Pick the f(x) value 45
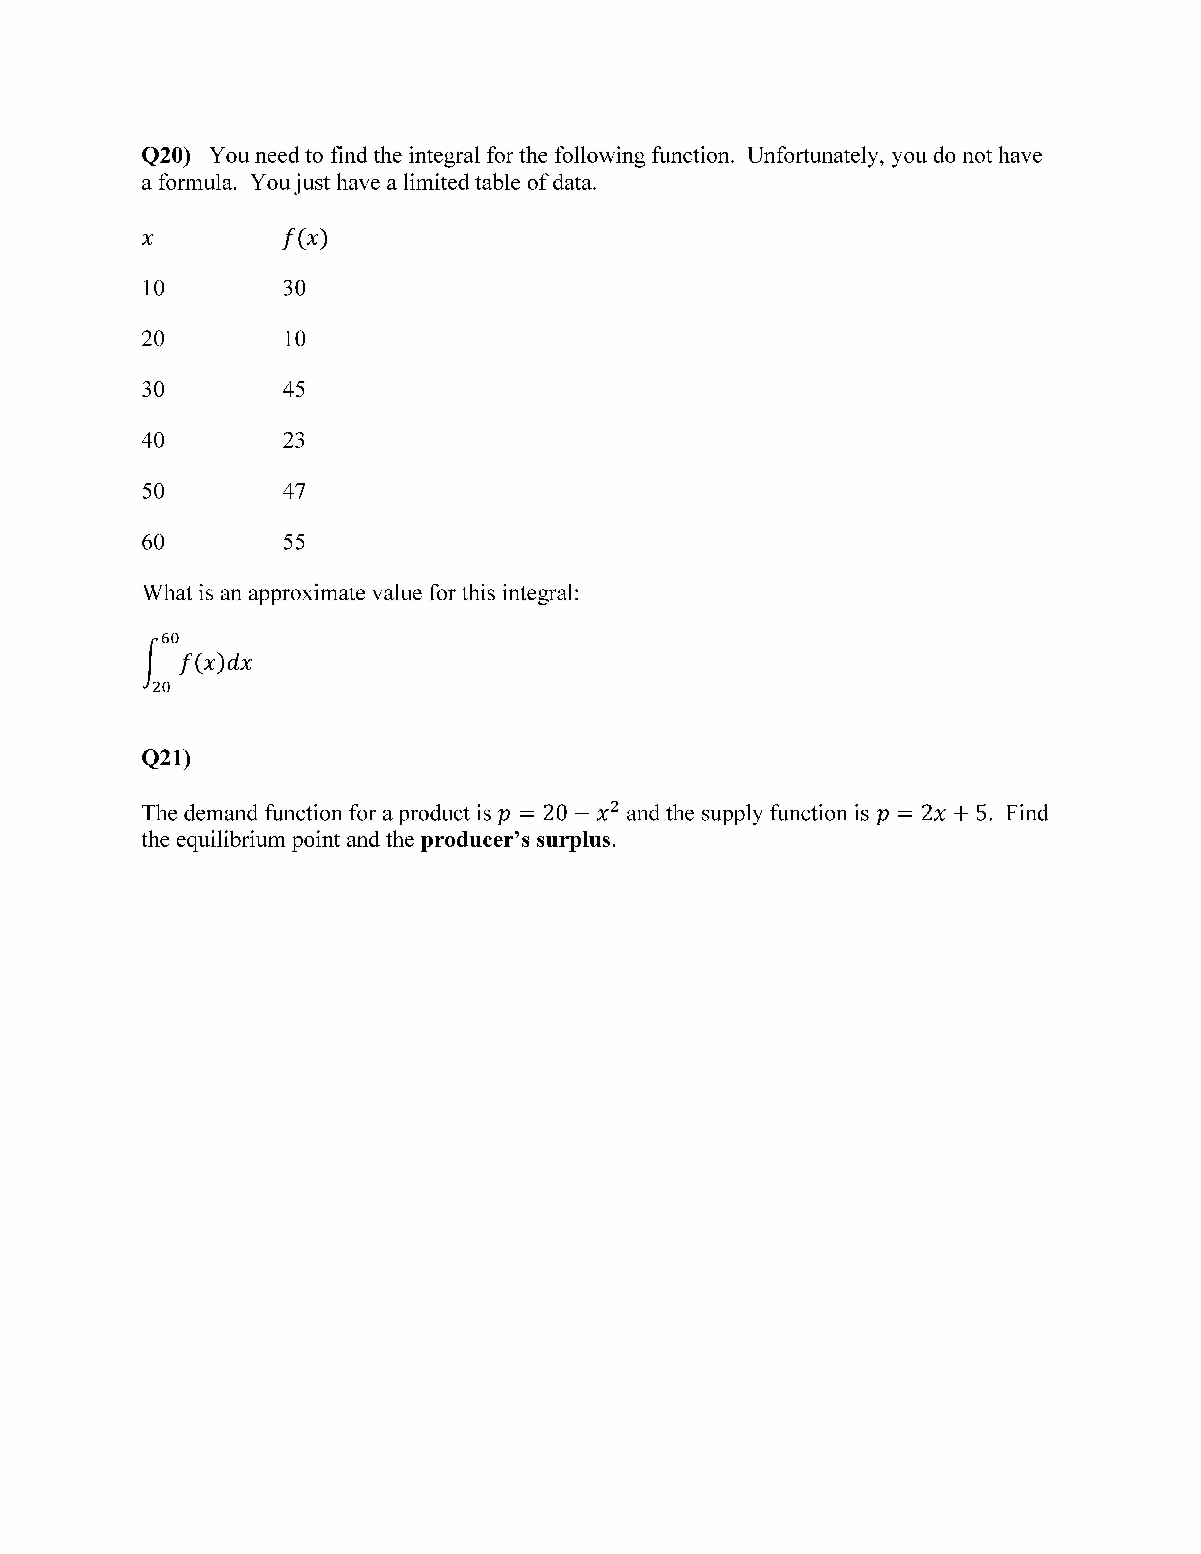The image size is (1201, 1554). [x=294, y=389]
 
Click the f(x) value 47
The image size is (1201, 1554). [x=294, y=491]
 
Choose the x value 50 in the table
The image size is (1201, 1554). [x=153, y=491]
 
